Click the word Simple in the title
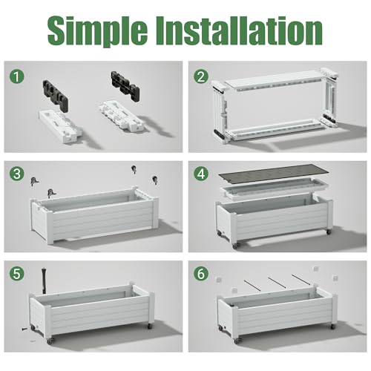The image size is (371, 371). tap(97, 31)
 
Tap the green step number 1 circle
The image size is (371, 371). tap(17, 76)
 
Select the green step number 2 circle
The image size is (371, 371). tap(201, 76)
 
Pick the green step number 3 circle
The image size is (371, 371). tap(17, 174)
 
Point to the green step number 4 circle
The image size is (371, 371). tap(201, 174)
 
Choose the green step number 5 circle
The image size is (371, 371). tap(17, 274)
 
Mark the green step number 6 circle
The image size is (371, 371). tap(201, 274)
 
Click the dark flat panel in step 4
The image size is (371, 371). tap(274, 175)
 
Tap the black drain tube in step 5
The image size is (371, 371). tap(44, 280)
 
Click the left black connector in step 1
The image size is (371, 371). tap(56, 96)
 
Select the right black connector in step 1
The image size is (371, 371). tap(125, 85)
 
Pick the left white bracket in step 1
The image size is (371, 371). tap(61, 126)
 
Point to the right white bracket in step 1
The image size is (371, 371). tap(121, 116)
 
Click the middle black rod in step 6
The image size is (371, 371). tap(278, 283)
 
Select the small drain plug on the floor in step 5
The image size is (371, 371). tap(24, 329)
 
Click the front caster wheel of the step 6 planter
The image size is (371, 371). tap(237, 341)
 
